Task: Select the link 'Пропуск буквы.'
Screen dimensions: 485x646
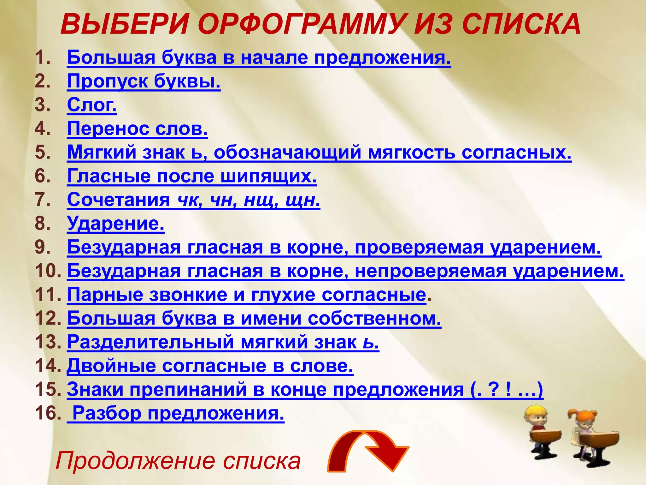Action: click(144, 81)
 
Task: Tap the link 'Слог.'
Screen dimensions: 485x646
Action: click(92, 105)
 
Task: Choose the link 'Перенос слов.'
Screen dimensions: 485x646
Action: click(138, 129)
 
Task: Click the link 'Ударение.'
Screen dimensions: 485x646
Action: click(115, 224)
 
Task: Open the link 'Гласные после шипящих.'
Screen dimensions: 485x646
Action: click(192, 176)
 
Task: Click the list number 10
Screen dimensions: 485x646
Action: click(48, 271)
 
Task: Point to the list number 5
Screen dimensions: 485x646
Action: click(43, 152)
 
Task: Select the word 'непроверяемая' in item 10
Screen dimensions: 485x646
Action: click(430, 271)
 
